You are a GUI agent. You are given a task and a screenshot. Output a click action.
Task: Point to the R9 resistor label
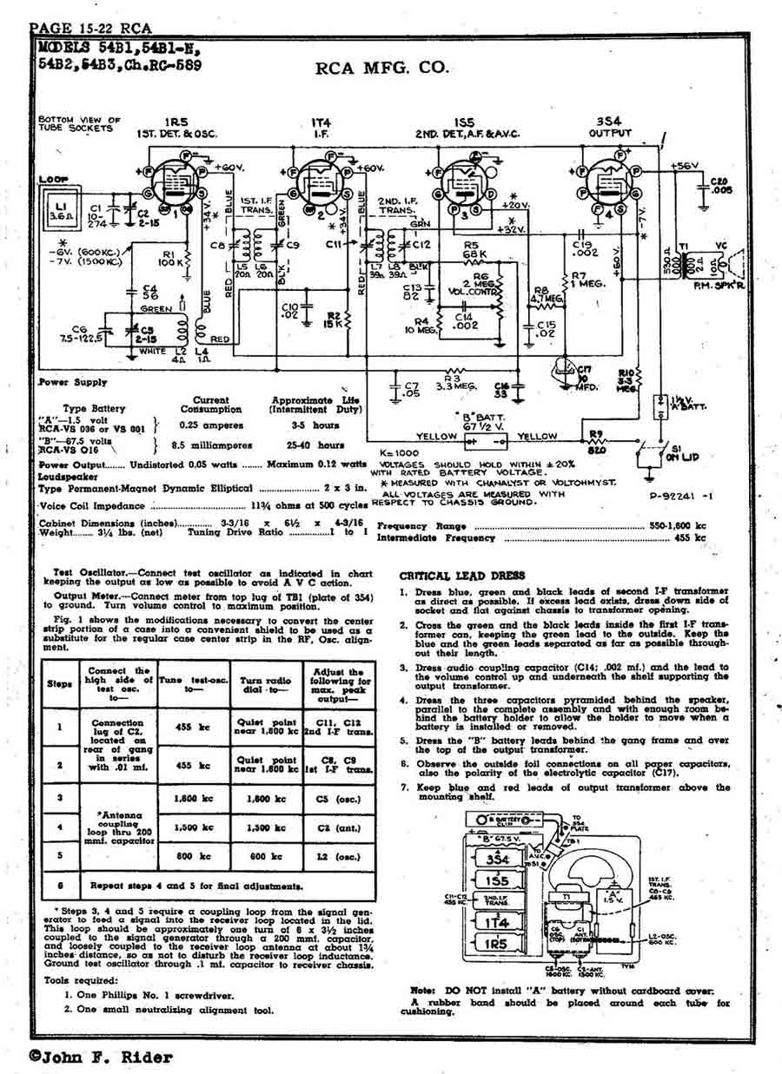[x=596, y=433]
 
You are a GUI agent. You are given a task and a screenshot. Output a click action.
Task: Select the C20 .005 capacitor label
[x=718, y=186]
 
